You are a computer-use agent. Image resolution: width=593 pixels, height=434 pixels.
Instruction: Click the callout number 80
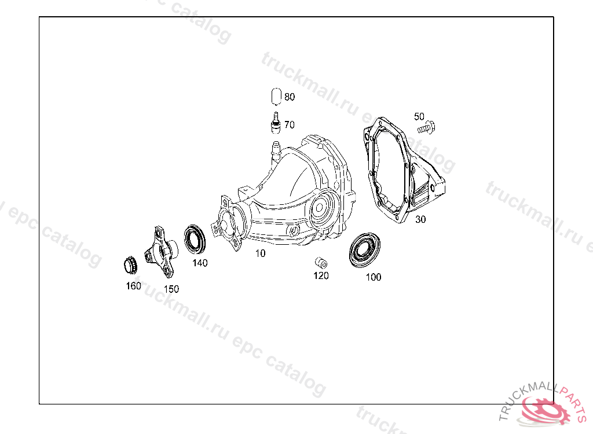(290, 97)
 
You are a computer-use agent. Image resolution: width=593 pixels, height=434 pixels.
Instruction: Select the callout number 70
(290, 125)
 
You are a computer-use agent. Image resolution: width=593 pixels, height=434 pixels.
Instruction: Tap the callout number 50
(419, 116)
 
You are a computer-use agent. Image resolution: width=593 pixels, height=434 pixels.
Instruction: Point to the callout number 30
(420, 219)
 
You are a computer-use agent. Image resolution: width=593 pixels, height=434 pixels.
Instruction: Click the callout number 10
(260, 253)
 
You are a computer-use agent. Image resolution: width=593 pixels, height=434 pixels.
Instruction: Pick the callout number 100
(374, 277)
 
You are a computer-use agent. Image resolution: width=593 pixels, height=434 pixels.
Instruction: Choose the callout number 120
(321, 275)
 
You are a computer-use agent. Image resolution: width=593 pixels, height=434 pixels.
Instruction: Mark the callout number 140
(200, 263)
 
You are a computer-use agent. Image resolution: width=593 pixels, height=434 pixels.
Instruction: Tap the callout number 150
(171, 289)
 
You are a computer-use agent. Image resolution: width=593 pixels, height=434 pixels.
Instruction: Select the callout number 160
(133, 286)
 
